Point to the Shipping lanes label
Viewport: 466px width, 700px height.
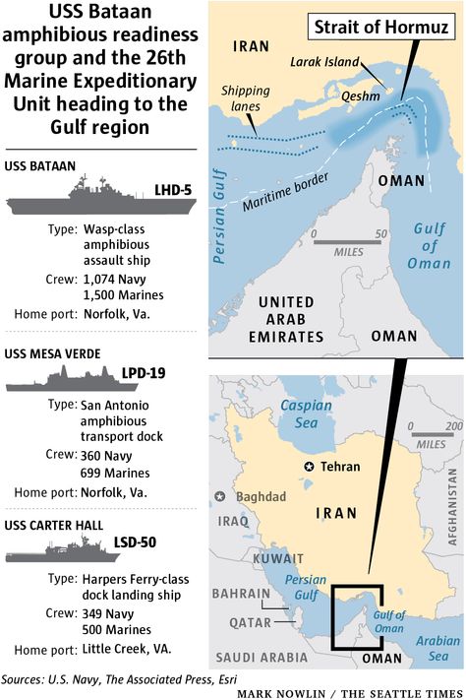click(x=246, y=98)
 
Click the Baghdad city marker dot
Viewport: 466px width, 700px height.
click(x=217, y=497)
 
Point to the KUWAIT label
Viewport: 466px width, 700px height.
click(x=242, y=556)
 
